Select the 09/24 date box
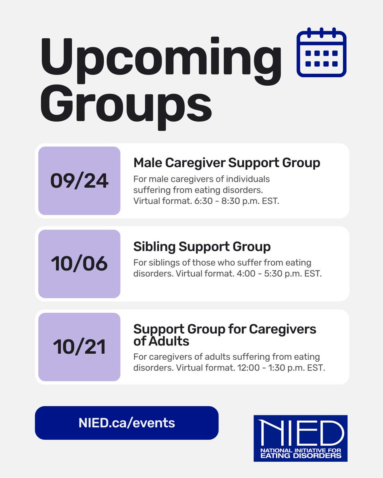[x=79, y=181]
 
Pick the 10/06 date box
[x=79, y=264]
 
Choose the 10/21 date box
[x=79, y=347]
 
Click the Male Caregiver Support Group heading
[x=227, y=163]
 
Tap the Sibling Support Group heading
[x=202, y=247]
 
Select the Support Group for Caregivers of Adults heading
[x=225, y=335]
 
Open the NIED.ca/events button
[x=127, y=423]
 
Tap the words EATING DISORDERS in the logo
[x=300, y=455]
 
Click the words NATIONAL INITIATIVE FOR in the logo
[x=300, y=450]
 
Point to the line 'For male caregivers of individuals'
[x=201, y=179]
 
